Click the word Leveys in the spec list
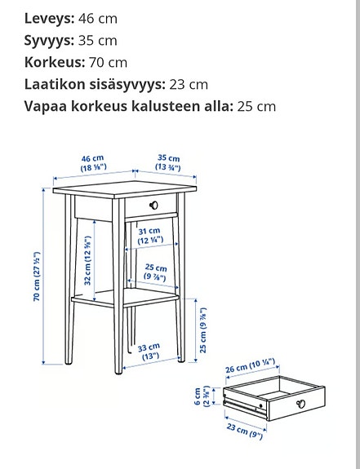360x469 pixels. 49,18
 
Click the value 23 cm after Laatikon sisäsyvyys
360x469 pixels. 189,84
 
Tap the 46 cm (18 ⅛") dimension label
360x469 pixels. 91,162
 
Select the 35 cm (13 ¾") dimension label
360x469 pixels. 169,162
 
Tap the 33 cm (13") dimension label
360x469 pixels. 149,352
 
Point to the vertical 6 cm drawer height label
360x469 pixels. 209,396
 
